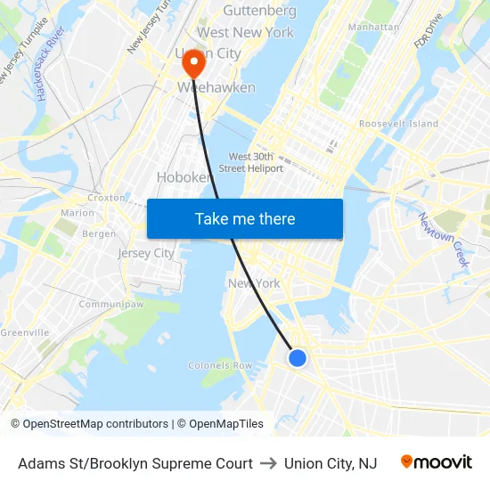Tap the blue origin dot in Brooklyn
coord(298,357)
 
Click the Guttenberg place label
coord(259,11)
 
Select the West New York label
coord(245,32)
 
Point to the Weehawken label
coord(216,87)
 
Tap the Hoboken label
coord(183,177)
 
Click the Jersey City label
coord(146,253)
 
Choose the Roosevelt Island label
coord(398,124)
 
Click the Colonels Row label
coord(220,365)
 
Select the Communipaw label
coord(106,305)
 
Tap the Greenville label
coord(24,332)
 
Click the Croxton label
coord(106,198)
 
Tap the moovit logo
coord(437,462)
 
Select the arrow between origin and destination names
coord(268,463)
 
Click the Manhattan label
coord(373,27)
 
